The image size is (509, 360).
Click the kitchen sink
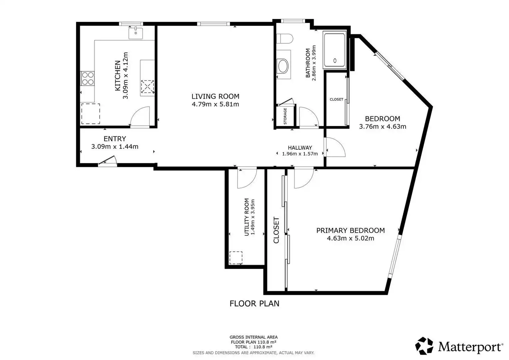pyautogui.click(x=136, y=33)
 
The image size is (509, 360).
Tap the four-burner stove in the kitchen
pyautogui.click(x=88, y=78)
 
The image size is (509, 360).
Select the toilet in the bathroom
pyautogui.click(x=285, y=38)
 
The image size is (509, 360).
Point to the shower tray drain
pyautogui.click(x=335, y=60)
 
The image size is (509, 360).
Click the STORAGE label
pyautogui.click(x=285, y=116)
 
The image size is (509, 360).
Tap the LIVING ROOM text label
pyautogui.click(x=216, y=96)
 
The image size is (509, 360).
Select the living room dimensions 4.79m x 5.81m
pyautogui.click(x=216, y=104)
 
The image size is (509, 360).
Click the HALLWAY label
pyautogui.click(x=300, y=148)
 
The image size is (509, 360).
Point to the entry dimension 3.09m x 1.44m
pyautogui.click(x=115, y=146)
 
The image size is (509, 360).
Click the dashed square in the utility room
pyautogui.click(x=236, y=258)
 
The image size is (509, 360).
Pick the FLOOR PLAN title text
pyautogui.click(x=254, y=304)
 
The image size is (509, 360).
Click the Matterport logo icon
pyautogui.click(x=424, y=346)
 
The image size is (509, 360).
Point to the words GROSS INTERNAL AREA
pyautogui.click(x=254, y=337)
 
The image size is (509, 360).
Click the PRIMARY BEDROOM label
pyautogui.click(x=351, y=231)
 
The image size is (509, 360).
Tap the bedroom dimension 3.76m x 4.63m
pyautogui.click(x=383, y=126)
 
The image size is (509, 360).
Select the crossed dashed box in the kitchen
pyautogui.click(x=148, y=86)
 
